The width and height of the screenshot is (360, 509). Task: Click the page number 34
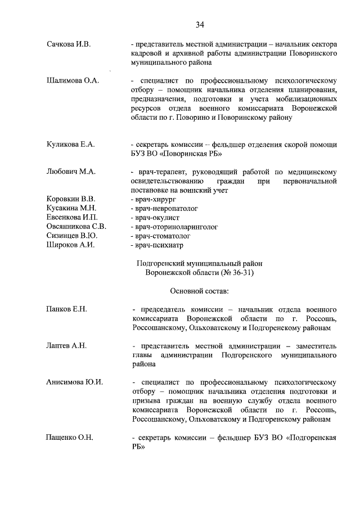(x=200, y=24)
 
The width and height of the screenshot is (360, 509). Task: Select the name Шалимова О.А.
(x=73, y=80)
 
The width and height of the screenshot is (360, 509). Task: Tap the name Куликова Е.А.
(x=70, y=145)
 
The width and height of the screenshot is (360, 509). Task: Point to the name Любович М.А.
(x=70, y=172)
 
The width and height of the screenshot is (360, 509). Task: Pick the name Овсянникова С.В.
(x=76, y=227)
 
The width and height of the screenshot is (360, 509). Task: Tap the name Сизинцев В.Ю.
(x=71, y=236)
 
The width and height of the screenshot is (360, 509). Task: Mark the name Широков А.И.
(x=70, y=245)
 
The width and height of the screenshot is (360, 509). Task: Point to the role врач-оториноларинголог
(x=174, y=227)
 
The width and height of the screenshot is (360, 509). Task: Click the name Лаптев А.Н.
(x=66, y=345)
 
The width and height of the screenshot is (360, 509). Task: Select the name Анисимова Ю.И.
(x=74, y=382)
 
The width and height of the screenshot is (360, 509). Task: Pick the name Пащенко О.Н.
(x=70, y=437)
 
